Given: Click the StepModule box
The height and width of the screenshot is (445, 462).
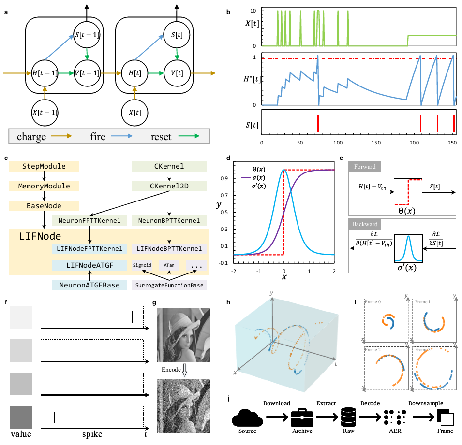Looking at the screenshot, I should point(44,167).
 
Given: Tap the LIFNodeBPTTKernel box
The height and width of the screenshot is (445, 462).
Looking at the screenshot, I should point(169,248).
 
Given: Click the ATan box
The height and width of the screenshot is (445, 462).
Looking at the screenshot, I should point(168,265).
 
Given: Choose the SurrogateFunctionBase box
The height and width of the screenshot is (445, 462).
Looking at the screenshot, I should point(169,285).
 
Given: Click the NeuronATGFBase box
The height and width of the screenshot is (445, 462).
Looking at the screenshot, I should point(89,285).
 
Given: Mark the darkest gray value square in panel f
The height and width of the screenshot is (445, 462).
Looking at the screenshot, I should point(20,416).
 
